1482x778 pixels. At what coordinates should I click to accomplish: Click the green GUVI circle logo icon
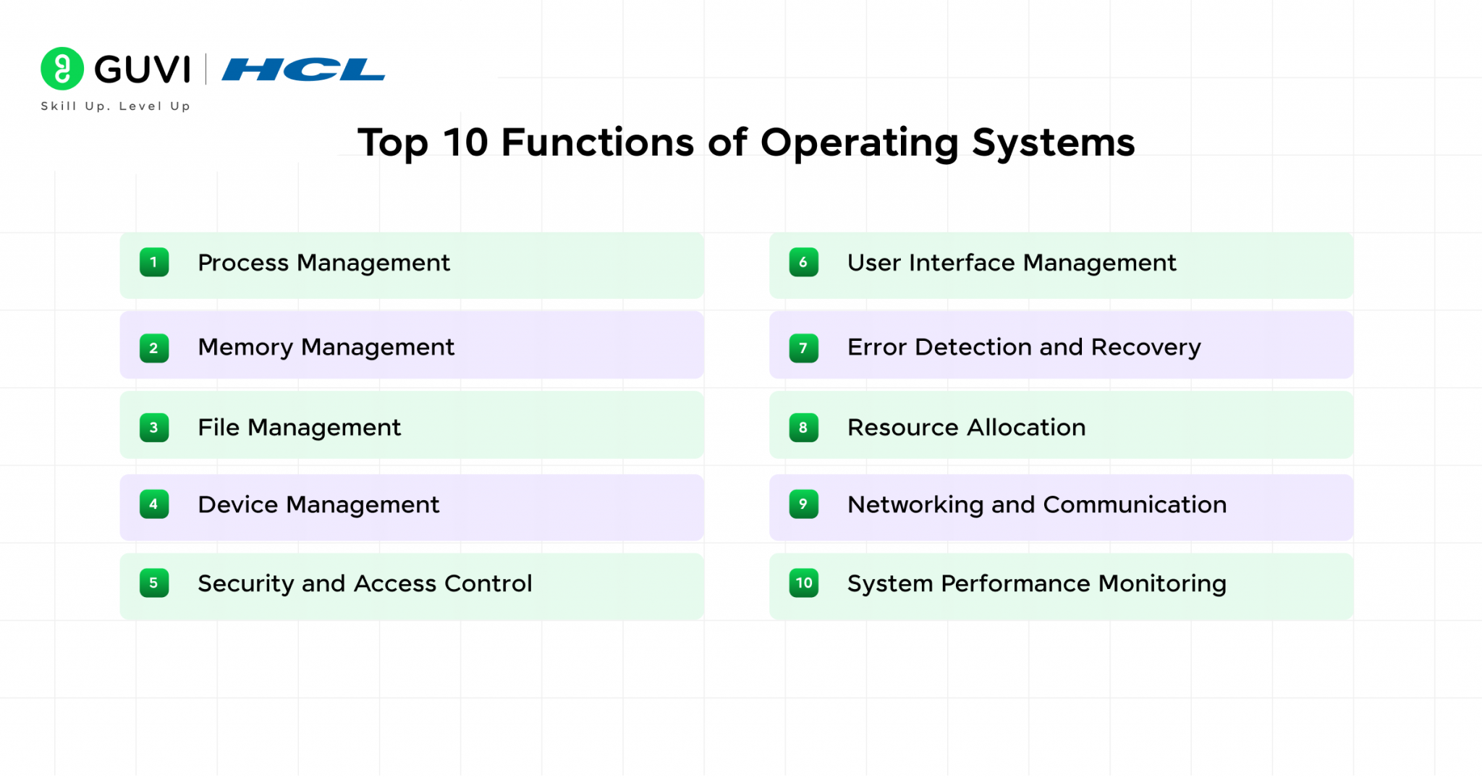tap(62, 69)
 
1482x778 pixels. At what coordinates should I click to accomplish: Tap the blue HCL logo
tap(303, 69)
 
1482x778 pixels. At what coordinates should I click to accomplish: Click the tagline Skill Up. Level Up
tap(116, 106)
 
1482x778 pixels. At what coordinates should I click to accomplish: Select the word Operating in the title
tap(859, 143)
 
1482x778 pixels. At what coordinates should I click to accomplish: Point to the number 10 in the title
tap(465, 142)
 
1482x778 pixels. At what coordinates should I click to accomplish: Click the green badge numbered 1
tap(154, 262)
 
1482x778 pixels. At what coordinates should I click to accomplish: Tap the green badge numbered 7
tap(803, 348)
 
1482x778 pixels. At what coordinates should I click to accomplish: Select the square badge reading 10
tap(803, 583)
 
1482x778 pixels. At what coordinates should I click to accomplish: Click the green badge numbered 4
tap(154, 504)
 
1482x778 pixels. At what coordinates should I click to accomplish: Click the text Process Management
tap(323, 263)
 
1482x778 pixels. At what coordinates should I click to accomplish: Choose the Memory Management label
tap(326, 347)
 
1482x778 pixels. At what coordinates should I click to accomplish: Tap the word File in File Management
tap(219, 427)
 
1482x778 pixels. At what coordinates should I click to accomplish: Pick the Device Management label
tap(318, 504)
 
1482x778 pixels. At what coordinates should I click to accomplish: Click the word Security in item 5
tap(245, 583)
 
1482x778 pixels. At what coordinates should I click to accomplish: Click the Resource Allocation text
tap(966, 427)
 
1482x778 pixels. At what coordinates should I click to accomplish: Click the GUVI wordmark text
tap(143, 69)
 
